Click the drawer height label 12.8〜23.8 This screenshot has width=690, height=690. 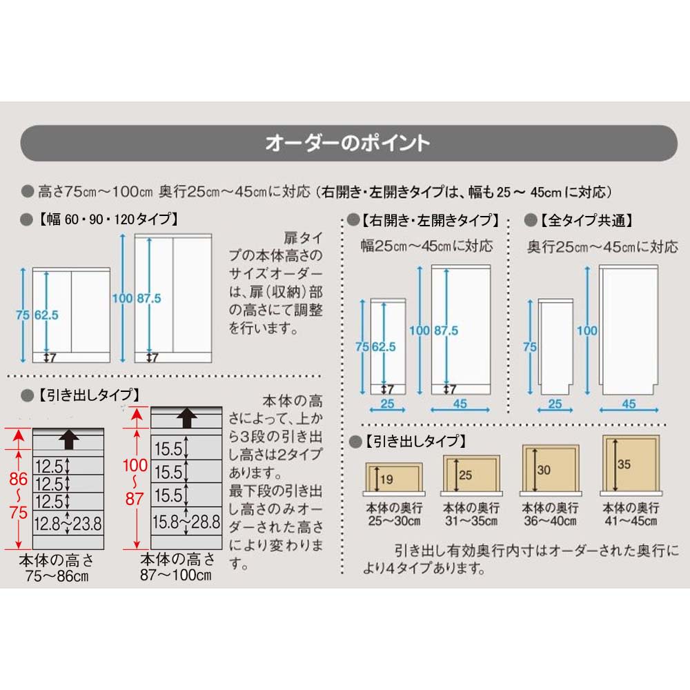click(x=68, y=522)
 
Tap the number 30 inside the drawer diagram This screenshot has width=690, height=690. click(x=544, y=471)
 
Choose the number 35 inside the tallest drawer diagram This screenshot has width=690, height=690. click(x=624, y=464)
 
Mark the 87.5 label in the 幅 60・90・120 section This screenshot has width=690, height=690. click(x=148, y=298)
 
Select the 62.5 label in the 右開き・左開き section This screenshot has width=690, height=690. click(x=384, y=347)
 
